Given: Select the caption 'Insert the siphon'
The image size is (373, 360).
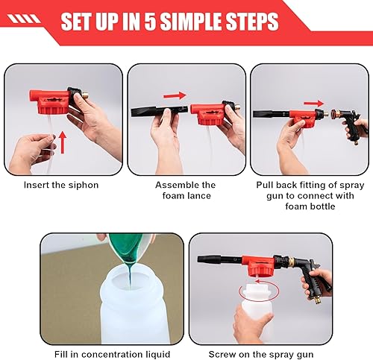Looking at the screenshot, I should [x=62, y=185].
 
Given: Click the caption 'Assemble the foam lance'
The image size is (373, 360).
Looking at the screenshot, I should [x=185, y=190].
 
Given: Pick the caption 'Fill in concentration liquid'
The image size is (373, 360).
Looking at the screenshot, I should [x=112, y=353].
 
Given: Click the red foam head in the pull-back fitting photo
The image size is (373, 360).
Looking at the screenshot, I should [x=301, y=118].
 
